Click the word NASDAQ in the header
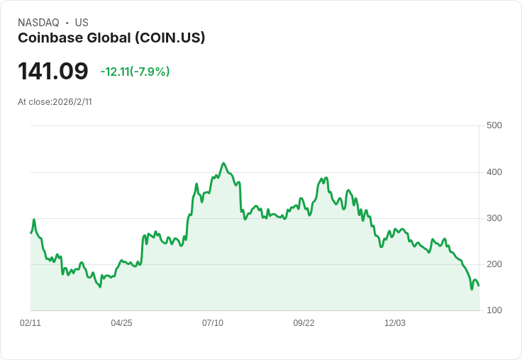38,23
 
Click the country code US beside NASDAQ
82,23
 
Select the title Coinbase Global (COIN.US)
111,38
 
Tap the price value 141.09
53,72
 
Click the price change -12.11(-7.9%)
135,72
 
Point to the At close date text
55,102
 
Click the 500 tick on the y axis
494,125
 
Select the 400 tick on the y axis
494,172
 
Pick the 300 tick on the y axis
494,218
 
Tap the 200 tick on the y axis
494,264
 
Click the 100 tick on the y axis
494,310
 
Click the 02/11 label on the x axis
30,323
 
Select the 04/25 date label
121,323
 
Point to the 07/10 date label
213,323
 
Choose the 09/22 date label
304,323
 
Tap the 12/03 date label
395,323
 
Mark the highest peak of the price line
223,163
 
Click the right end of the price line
479,286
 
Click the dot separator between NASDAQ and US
67,23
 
